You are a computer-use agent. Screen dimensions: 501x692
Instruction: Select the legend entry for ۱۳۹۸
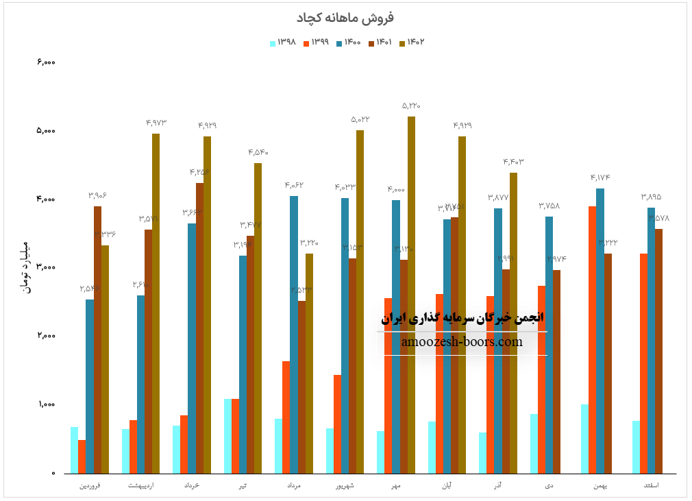tap(283, 42)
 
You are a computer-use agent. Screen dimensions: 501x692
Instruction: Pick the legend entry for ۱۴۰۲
tap(411, 42)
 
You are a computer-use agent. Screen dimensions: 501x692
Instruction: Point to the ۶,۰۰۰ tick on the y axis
tap(45, 62)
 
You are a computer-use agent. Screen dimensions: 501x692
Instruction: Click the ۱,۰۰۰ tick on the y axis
tap(45, 404)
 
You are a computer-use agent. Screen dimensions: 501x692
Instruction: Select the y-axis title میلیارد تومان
tap(27, 267)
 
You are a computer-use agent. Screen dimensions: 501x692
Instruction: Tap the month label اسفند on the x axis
tap(652, 485)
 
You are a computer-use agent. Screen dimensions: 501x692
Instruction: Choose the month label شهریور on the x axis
tap(345, 485)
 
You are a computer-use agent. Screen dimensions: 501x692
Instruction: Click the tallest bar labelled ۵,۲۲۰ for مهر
tap(411, 295)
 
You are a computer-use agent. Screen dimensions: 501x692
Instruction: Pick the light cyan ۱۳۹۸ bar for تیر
tap(227, 436)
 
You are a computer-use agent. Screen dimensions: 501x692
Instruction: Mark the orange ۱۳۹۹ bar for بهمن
tap(592, 339)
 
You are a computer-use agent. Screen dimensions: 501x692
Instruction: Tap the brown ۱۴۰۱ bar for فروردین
tap(97, 339)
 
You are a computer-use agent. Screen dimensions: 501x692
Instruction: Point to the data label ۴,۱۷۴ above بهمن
tap(600, 178)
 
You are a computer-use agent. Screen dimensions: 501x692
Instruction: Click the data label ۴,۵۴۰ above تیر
tap(258, 152)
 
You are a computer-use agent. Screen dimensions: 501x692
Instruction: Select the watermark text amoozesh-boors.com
tap(462, 342)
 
